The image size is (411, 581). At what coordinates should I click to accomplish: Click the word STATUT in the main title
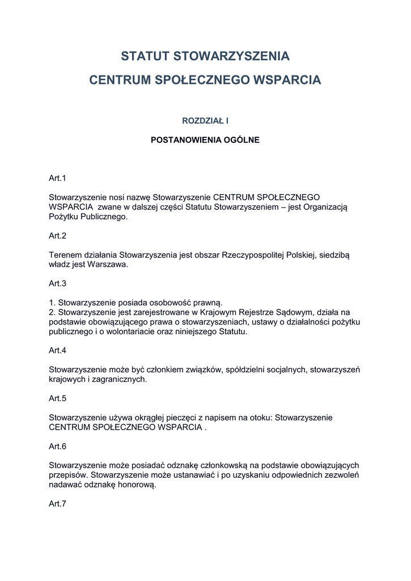[x=145, y=56]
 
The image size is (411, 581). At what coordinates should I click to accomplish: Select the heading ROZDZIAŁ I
[x=205, y=121]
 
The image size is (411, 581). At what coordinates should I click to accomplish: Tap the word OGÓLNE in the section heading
[x=241, y=140]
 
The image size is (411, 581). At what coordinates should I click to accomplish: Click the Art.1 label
[x=58, y=178]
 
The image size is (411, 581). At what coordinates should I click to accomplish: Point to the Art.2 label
[x=58, y=235]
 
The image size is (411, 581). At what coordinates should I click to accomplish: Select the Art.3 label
[x=58, y=283]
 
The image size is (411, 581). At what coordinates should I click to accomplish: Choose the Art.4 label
[x=58, y=351]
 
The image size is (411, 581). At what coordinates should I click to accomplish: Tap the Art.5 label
[x=58, y=398]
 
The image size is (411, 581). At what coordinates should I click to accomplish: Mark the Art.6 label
[x=58, y=446]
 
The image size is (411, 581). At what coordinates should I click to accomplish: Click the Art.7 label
[x=58, y=503]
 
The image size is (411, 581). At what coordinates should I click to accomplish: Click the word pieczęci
[x=179, y=417]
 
